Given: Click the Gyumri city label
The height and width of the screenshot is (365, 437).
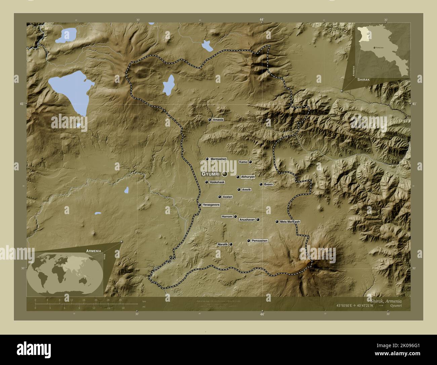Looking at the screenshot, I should click(210, 174).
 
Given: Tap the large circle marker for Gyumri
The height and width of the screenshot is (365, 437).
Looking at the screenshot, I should click(225, 174).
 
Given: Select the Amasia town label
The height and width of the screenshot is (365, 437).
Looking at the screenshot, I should click(218, 120).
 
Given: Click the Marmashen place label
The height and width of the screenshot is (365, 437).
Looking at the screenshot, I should click(218, 159).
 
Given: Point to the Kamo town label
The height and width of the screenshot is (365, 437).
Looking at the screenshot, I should click(243, 162).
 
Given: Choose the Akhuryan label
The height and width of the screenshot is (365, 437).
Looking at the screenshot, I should click(248, 177).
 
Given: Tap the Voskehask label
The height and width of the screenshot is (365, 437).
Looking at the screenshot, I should click(217, 182).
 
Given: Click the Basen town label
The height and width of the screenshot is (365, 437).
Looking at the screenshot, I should click(268, 184).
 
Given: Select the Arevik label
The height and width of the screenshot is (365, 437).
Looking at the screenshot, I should click(246, 190).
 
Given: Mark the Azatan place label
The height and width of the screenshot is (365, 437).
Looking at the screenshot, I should click(228, 197).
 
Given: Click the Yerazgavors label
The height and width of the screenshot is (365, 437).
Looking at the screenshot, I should click(211, 205).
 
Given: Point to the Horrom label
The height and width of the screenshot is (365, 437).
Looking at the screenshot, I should click(227, 217).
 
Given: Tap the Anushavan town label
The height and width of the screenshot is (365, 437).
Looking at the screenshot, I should click(247, 220).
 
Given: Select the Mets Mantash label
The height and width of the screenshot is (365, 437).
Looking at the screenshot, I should click(290, 222).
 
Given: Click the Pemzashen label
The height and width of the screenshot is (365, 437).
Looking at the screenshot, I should click(260, 241).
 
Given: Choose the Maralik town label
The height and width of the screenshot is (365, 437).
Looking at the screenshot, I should click(223, 244).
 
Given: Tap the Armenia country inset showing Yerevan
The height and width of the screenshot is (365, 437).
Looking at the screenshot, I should click(383, 50).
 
